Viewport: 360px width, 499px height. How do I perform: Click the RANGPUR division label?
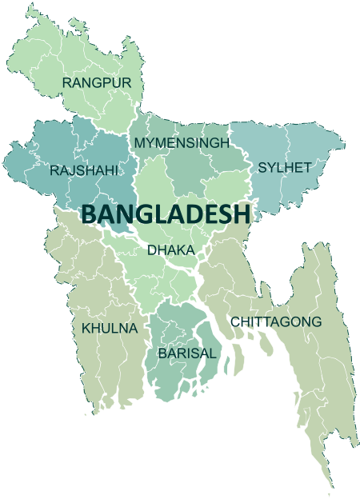pyautogui.click(x=97, y=82)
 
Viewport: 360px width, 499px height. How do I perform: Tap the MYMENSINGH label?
pyautogui.click(x=182, y=142)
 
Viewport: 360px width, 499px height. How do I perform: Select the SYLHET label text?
pyautogui.click(x=283, y=168)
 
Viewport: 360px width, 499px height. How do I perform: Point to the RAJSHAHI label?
pyautogui.click(x=84, y=170)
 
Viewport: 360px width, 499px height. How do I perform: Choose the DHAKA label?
pyautogui.click(x=170, y=250)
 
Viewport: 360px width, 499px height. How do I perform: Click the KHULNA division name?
pyautogui.click(x=110, y=328)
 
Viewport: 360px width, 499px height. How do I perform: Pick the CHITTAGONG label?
pyautogui.click(x=277, y=321)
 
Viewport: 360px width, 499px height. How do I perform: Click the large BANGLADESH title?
pyautogui.click(x=166, y=214)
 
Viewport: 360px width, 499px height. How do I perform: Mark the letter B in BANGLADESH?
pyautogui.click(x=90, y=214)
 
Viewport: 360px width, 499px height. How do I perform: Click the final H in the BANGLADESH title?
pyautogui.click(x=243, y=214)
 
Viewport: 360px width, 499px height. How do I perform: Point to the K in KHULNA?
pyautogui.click(x=86, y=328)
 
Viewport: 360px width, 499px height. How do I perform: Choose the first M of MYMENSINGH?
pyautogui.click(x=140, y=142)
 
